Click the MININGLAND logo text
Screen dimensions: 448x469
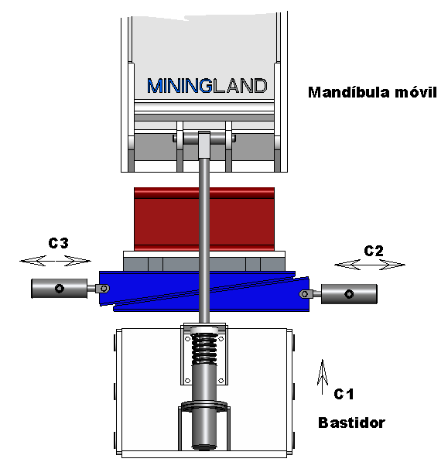(x=207, y=86)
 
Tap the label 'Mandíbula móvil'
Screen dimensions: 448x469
(x=372, y=92)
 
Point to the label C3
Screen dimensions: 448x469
(x=58, y=243)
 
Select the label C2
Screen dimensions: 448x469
(x=374, y=251)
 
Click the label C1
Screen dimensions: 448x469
(x=344, y=394)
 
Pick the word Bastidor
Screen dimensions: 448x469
(x=352, y=423)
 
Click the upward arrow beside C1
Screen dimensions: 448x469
(x=323, y=377)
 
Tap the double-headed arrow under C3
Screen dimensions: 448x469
(x=56, y=261)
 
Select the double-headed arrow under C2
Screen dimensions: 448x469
(x=370, y=265)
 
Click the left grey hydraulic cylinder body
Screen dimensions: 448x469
(x=60, y=289)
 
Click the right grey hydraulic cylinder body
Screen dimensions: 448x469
(x=349, y=294)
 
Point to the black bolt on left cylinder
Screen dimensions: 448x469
(x=60, y=289)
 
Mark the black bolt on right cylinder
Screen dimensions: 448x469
(x=349, y=294)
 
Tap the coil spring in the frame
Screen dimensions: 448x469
(x=204, y=348)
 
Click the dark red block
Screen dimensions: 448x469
(x=204, y=219)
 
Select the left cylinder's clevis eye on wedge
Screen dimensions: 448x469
(x=102, y=289)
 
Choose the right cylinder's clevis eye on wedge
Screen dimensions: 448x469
(x=306, y=294)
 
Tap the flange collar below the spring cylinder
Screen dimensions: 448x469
(x=204, y=406)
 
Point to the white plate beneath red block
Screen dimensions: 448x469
(x=204, y=255)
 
